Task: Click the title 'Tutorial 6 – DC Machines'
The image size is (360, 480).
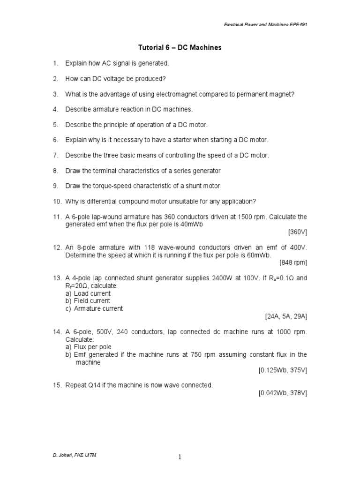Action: click(180, 48)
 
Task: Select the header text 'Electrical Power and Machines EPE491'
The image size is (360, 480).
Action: click(264, 24)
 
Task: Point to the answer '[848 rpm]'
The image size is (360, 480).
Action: click(293, 262)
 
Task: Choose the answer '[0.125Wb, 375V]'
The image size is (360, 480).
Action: click(283, 370)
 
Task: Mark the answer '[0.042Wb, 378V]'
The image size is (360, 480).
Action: click(283, 393)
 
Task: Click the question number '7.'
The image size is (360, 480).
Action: click(55, 155)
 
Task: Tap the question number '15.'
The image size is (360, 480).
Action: click(57, 385)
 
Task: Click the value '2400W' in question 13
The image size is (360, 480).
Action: click(209, 278)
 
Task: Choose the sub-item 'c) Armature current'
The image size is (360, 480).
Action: click(94, 308)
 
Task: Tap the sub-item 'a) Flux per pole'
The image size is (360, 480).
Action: click(89, 347)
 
